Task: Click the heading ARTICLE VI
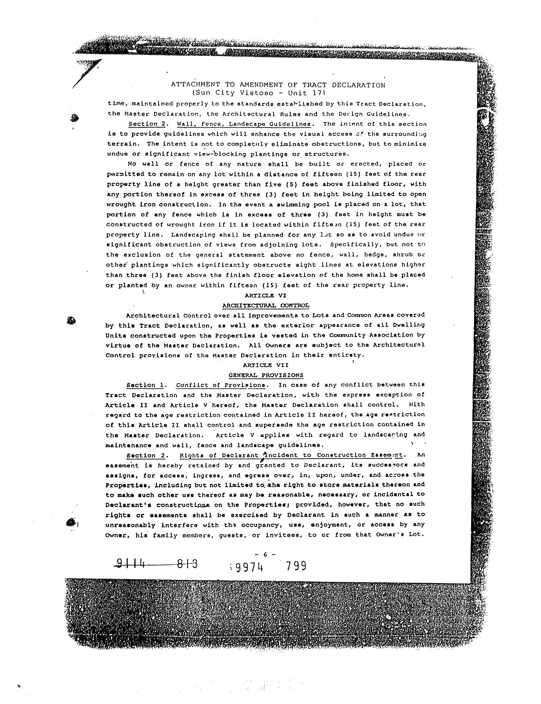click(265, 295)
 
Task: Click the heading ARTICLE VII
click(265, 365)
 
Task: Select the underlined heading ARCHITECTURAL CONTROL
click(266, 305)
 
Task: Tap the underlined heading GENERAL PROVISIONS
click(266, 375)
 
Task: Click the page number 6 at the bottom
click(265, 554)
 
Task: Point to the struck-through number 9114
click(131, 564)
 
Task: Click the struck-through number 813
click(187, 564)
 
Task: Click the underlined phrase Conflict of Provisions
click(221, 385)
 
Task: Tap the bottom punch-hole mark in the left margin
click(71, 523)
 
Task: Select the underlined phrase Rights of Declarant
click(219, 455)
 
